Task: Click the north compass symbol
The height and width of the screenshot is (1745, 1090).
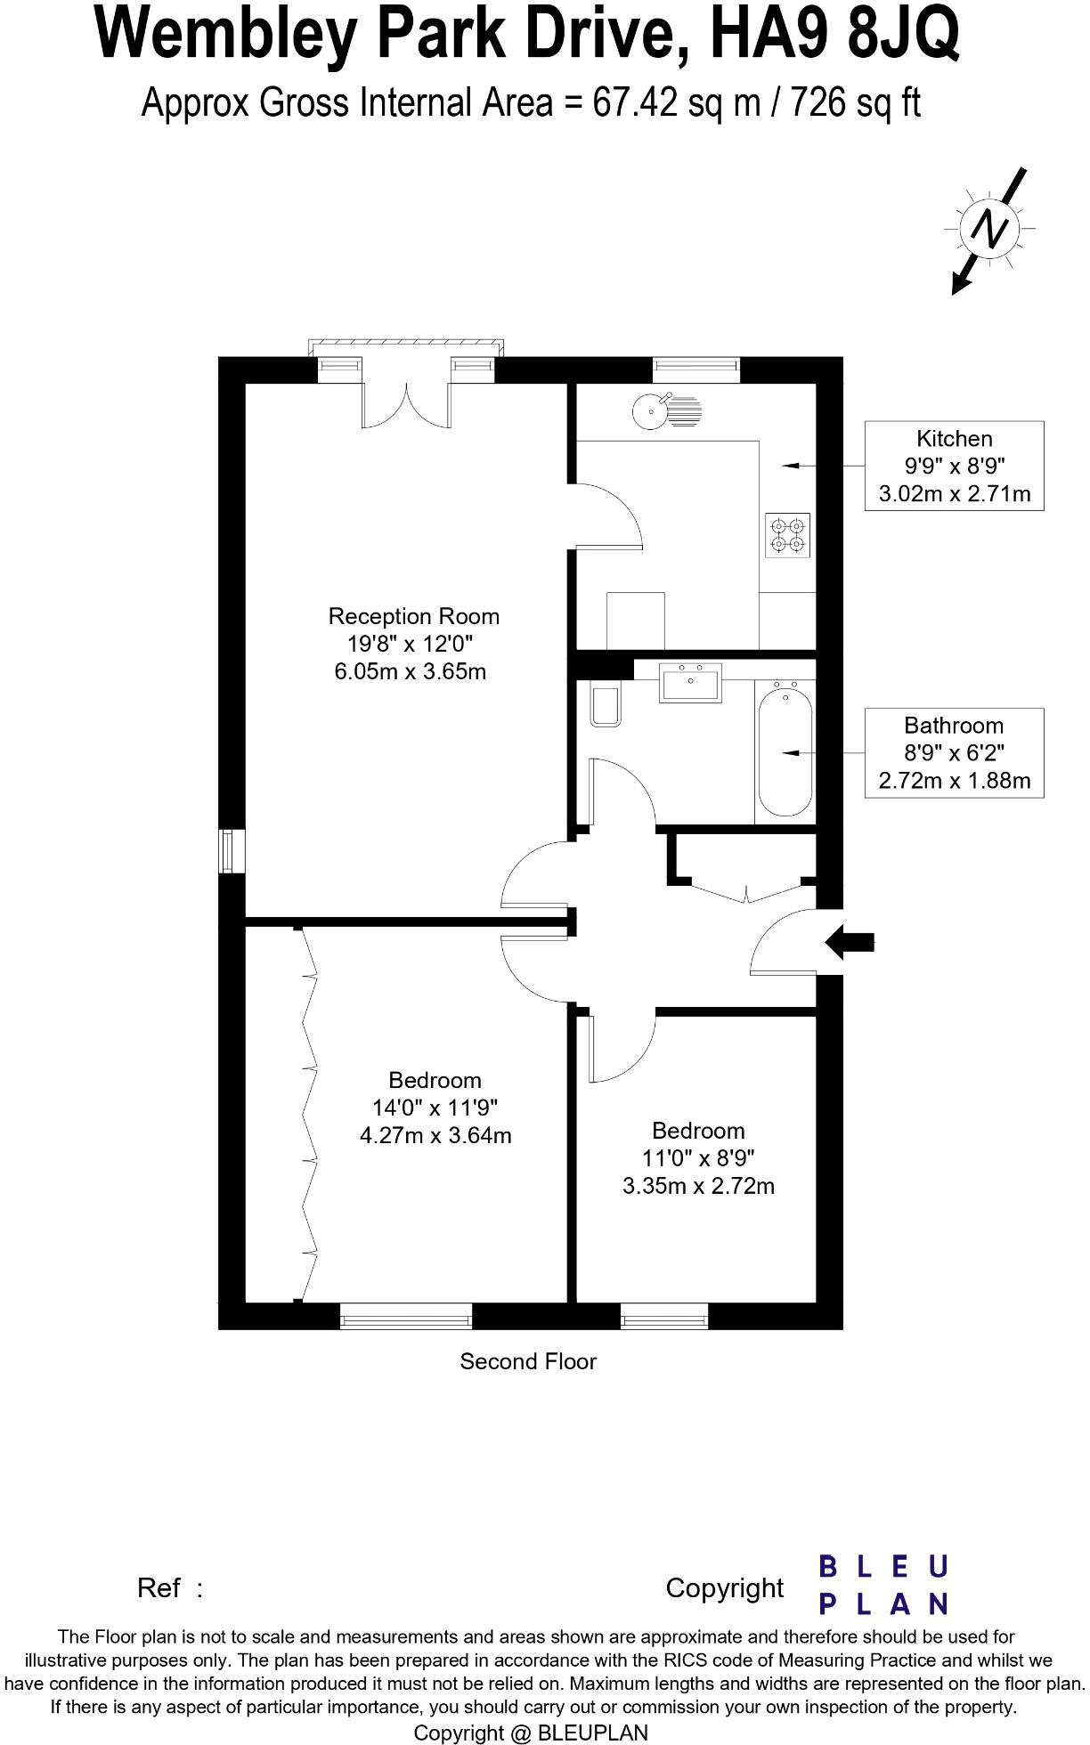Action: coord(989,230)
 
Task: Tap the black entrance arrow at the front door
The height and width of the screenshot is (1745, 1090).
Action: coord(850,941)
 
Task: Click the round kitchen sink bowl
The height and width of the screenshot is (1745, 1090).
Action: coord(650,410)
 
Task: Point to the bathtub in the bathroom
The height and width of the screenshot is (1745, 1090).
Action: coord(785,752)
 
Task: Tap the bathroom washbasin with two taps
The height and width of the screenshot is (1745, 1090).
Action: coord(690,683)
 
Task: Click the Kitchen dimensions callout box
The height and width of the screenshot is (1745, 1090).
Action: coord(954,466)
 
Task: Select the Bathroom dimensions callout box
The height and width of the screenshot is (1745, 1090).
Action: coord(954,753)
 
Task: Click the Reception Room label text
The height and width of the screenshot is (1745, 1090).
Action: coord(413,616)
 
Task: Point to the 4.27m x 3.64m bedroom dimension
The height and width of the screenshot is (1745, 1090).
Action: coord(435,1135)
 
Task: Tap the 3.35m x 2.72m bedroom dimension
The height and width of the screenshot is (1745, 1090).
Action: coord(698,1186)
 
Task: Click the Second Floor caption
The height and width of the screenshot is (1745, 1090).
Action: coord(527,1361)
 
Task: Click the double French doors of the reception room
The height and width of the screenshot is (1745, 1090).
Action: coord(407,405)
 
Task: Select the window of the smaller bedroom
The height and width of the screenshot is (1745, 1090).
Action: coord(664,1315)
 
